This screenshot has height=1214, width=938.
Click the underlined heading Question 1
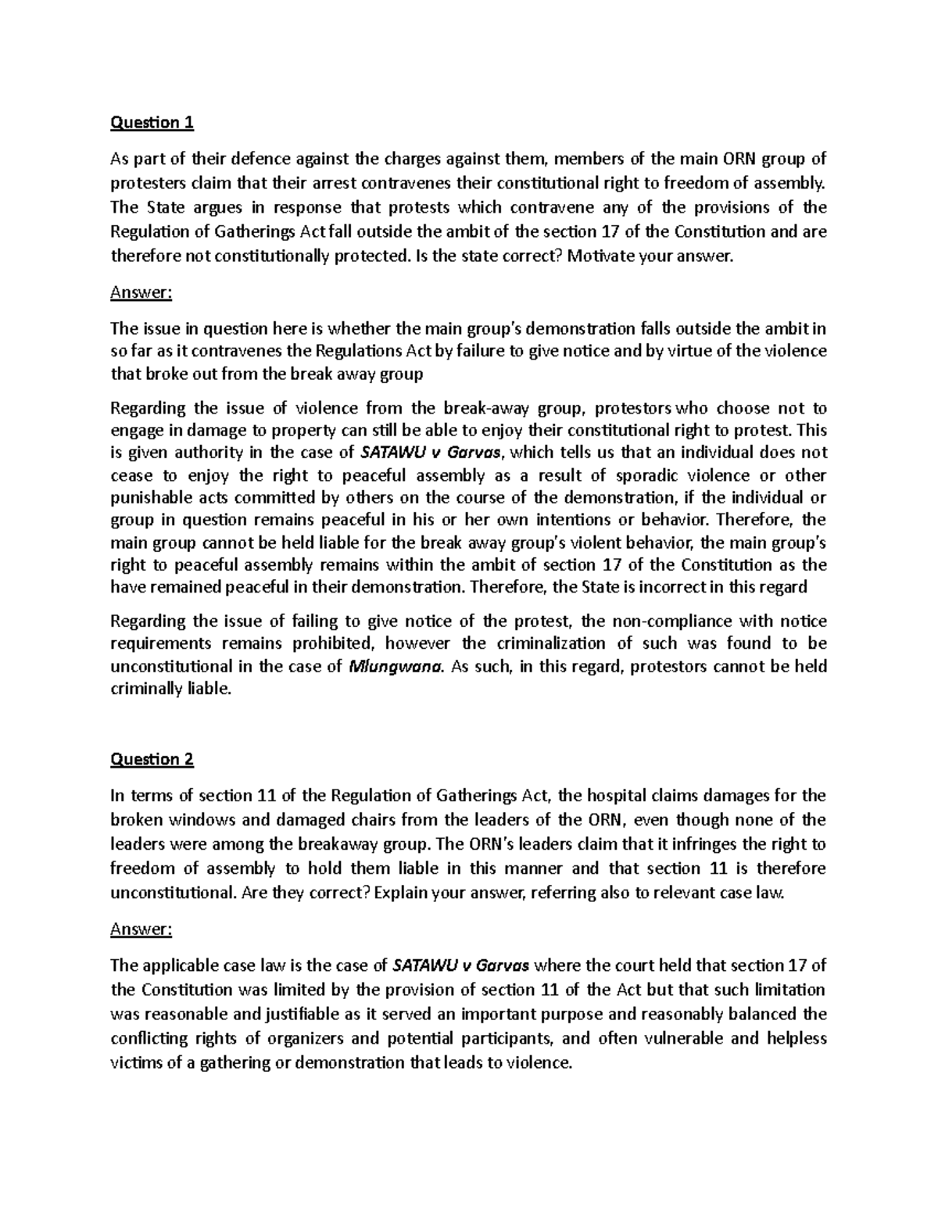[152, 123]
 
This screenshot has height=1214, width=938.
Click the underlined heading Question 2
[152, 759]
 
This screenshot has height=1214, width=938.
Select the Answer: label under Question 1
[141, 292]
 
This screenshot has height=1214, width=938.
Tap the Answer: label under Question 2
[141, 929]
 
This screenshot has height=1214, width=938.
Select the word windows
[197, 820]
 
